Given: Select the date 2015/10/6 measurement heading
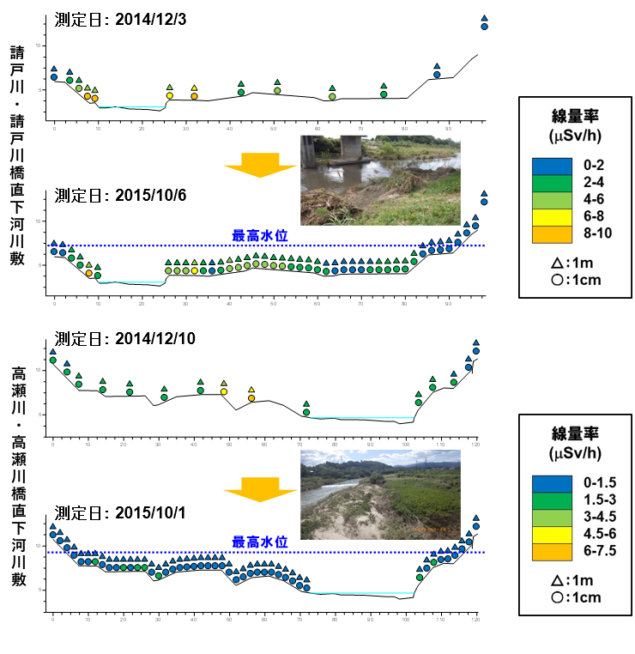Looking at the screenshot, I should pos(150,194).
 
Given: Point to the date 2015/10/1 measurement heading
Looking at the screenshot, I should pos(150,512).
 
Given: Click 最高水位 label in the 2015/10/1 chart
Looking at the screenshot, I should pos(259,542).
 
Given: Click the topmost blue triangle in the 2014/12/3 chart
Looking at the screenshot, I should pos(484,17).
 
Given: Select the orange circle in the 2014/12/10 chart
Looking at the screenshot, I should pos(251,398).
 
